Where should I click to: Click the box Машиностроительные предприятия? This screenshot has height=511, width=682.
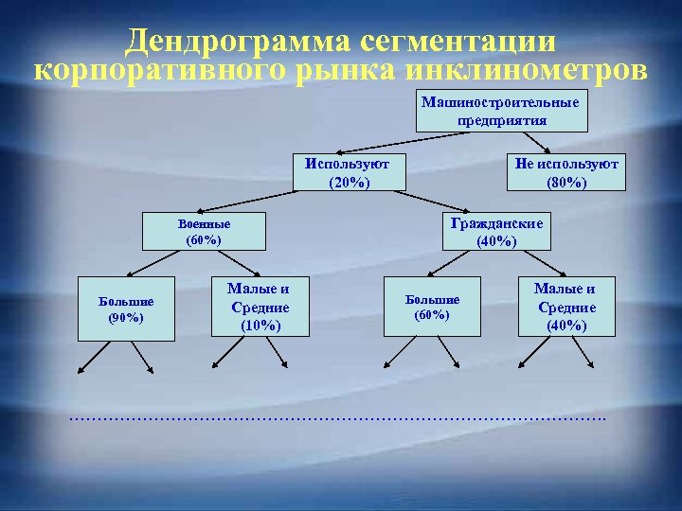pos(502,110)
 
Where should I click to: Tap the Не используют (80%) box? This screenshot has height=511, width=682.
pos(566,172)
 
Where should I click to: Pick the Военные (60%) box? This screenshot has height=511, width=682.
pos(204,233)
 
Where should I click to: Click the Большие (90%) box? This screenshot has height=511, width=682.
pos(126,308)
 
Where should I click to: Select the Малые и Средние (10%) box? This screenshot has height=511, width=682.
pos(259,308)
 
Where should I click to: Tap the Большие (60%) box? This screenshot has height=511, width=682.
pos(432,307)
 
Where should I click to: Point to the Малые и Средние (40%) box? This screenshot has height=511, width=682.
pos(565,307)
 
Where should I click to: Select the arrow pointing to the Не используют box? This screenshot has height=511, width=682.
pos(533,141)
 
